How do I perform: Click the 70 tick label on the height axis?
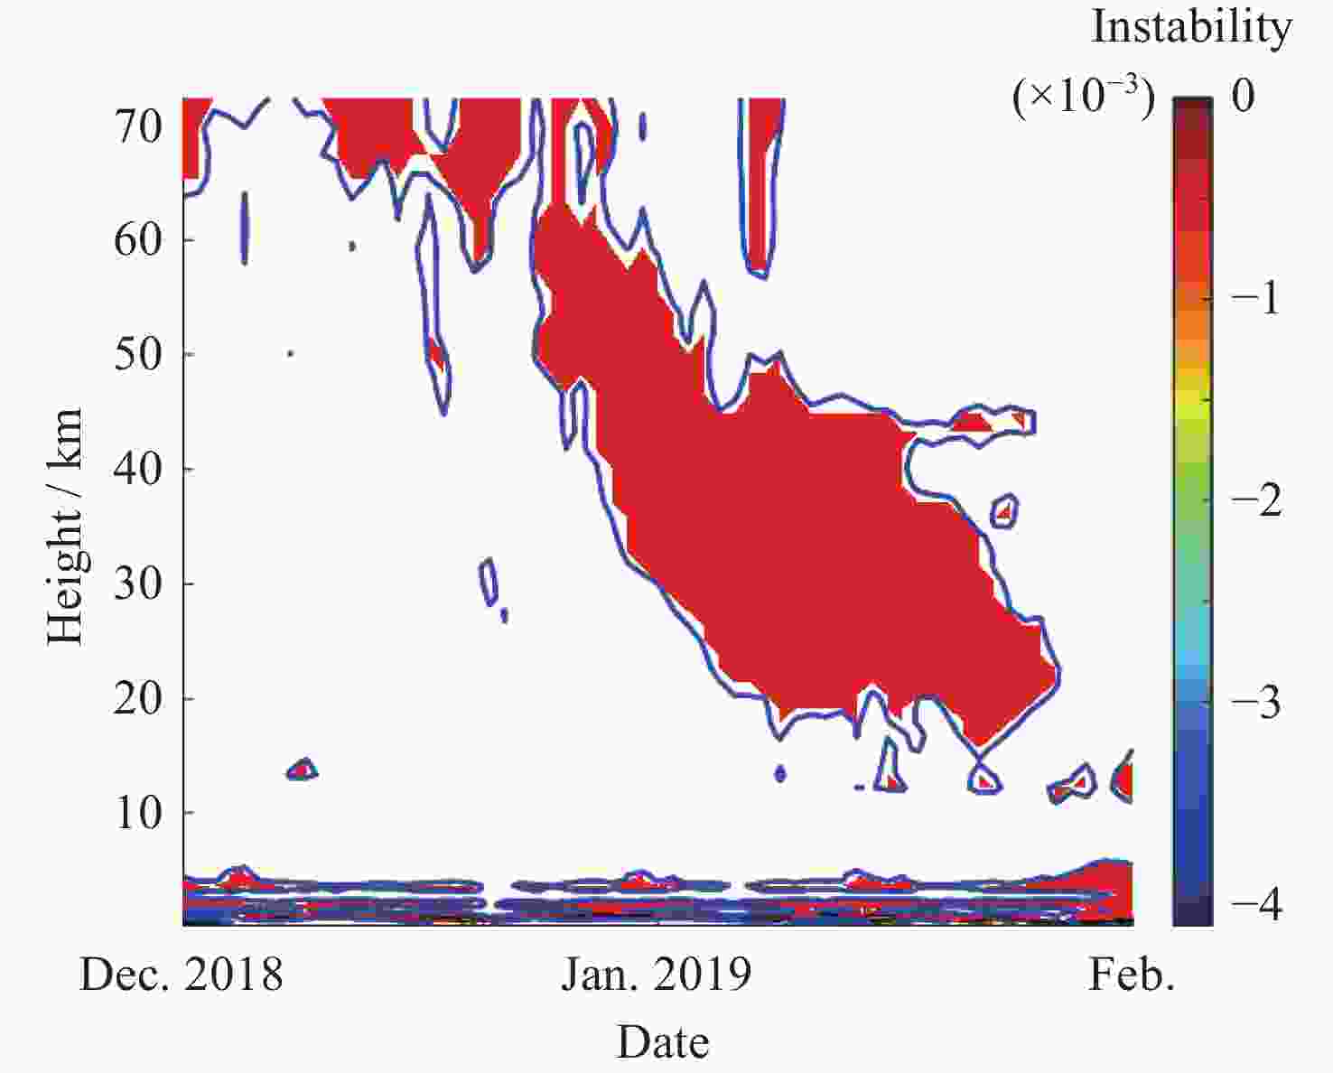(x=137, y=126)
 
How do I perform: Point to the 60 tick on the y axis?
(x=137, y=240)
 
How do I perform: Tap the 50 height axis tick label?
(x=137, y=354)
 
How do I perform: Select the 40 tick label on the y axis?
(x=137, y=469)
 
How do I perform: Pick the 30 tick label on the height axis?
(x=137, y=583)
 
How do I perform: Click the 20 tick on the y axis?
(x=137, y=698)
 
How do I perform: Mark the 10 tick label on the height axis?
(x=137, y=813)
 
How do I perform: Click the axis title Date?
(x=663, y=1041)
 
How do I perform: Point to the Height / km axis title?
(x=65, y=526)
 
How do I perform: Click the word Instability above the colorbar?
(x=1191, y=27)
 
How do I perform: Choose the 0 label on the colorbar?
(x=1243, y=95)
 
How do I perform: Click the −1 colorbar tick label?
(x=1256, y=296)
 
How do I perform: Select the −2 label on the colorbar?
(x=1256, y=499)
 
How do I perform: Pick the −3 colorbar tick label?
(x=1256, y=701)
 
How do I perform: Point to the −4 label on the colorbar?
(x=1256, y=903)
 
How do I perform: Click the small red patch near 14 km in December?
(x=302, y=770)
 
